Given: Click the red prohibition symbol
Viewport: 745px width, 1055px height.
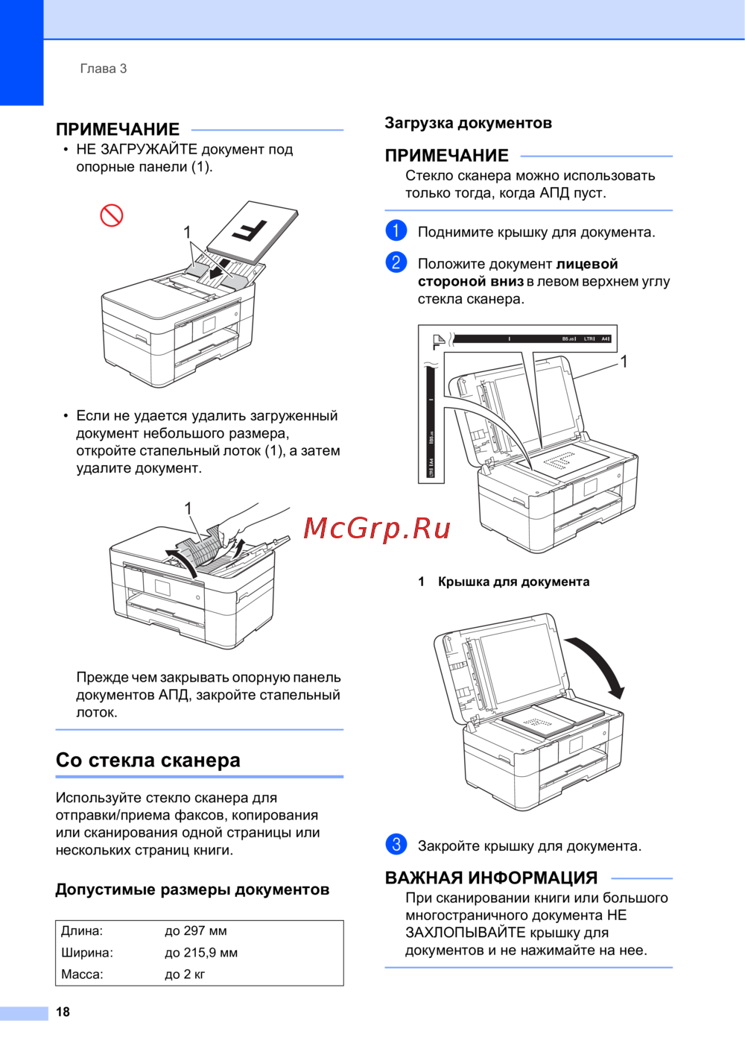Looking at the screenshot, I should tap(112, 215).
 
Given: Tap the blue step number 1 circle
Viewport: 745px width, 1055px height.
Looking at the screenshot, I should tap(396, 230).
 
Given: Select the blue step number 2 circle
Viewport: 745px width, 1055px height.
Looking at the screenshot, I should tap(396, 262).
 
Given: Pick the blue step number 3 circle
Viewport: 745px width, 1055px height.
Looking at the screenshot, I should tap(396, 844).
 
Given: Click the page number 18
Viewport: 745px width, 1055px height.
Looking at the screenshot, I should tap(63, 1012).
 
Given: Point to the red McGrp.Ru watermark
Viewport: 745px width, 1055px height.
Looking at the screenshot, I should tap(377, 529).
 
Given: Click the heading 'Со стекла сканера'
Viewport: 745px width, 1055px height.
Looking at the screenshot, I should tap(148, 760).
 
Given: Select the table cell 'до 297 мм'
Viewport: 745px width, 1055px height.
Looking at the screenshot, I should tap(196, 930).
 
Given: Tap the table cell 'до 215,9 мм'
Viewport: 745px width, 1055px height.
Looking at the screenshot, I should tap(201, 952).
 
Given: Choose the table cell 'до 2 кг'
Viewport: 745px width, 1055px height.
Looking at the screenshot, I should tap(185, 974).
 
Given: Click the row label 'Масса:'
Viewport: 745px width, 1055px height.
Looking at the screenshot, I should tap(82, 974).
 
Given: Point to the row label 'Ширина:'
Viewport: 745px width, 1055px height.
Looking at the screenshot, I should tap(87, 952).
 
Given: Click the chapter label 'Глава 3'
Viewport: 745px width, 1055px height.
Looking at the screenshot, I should tap(104, 69).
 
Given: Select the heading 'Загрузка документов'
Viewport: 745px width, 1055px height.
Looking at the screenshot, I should tap(468, 123).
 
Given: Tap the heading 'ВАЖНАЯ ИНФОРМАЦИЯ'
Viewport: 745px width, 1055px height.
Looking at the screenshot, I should tap(491, 878).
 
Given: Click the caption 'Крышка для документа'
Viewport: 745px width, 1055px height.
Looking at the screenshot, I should tap(513, 582).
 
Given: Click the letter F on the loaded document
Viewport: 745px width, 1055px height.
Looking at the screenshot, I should tap(250, 230).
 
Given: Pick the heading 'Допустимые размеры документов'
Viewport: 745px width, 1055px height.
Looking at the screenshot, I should tap(192, 889).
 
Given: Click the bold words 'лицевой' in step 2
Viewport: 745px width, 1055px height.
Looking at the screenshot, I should tap(587, 264).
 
